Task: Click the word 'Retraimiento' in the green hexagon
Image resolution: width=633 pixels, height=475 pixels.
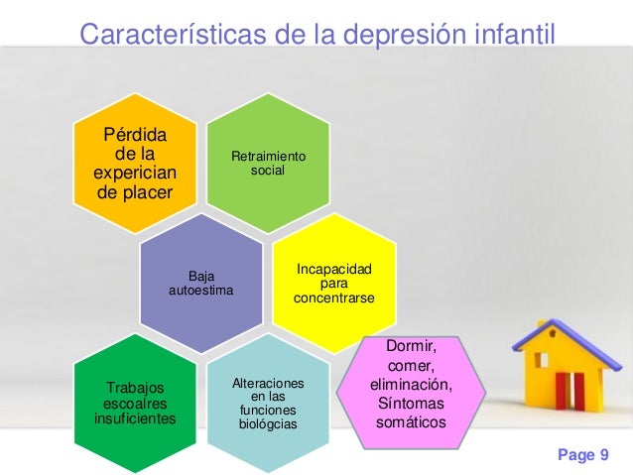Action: coord(268,157)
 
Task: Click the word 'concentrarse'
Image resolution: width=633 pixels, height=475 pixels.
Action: coord(333,298)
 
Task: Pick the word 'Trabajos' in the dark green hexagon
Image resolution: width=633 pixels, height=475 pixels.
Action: coord(135,388)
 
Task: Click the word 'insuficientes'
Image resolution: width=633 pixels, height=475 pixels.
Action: coord(135,418)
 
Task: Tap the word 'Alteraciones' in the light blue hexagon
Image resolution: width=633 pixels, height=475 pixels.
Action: coord(268,383)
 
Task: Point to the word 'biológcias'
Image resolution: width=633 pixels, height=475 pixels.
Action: coord(268,423)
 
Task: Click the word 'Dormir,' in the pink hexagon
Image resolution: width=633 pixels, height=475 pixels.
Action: coord(411,347)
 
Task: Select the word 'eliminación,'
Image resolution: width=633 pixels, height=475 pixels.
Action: coord(411,385)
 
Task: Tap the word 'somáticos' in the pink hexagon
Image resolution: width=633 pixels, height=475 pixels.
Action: coord(411,422)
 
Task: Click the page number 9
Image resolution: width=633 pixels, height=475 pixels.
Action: coord(602,454)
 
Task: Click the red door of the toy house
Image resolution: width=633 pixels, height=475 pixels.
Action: coord(566,389)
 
